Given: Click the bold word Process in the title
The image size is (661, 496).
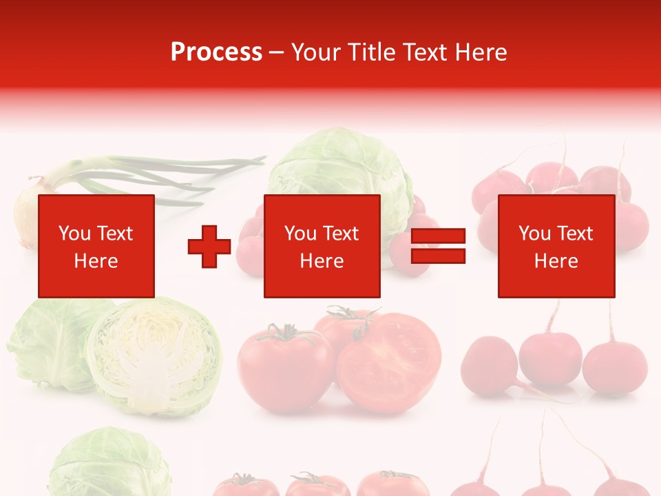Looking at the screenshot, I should pyautogui.click(x=216, y=52).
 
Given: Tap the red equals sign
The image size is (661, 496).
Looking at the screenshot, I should pyautogui.click(x=438, y=247).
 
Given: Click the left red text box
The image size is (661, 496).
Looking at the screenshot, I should pyautogui.click(x=96, y=246).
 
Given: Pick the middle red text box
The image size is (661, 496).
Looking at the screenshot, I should pyautogui.click(x=322, y=246).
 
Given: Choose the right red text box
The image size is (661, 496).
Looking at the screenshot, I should pyautogui.click(x=556, y=246).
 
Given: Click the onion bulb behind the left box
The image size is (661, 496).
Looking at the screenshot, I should pyautogui.click(x=28, y=214).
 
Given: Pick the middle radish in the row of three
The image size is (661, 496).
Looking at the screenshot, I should pyautogui.click(x=549, y=358).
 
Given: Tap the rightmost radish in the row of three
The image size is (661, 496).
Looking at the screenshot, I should pyautogui.click(x=614, y=365).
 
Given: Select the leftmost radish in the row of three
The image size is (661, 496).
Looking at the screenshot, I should pyautogui.click(x=489, y=366).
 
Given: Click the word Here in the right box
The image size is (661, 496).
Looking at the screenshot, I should pyautogui.click(x=556, y=261).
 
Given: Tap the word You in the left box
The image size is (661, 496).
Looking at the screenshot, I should pyautogui.click(x=74, y=233).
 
